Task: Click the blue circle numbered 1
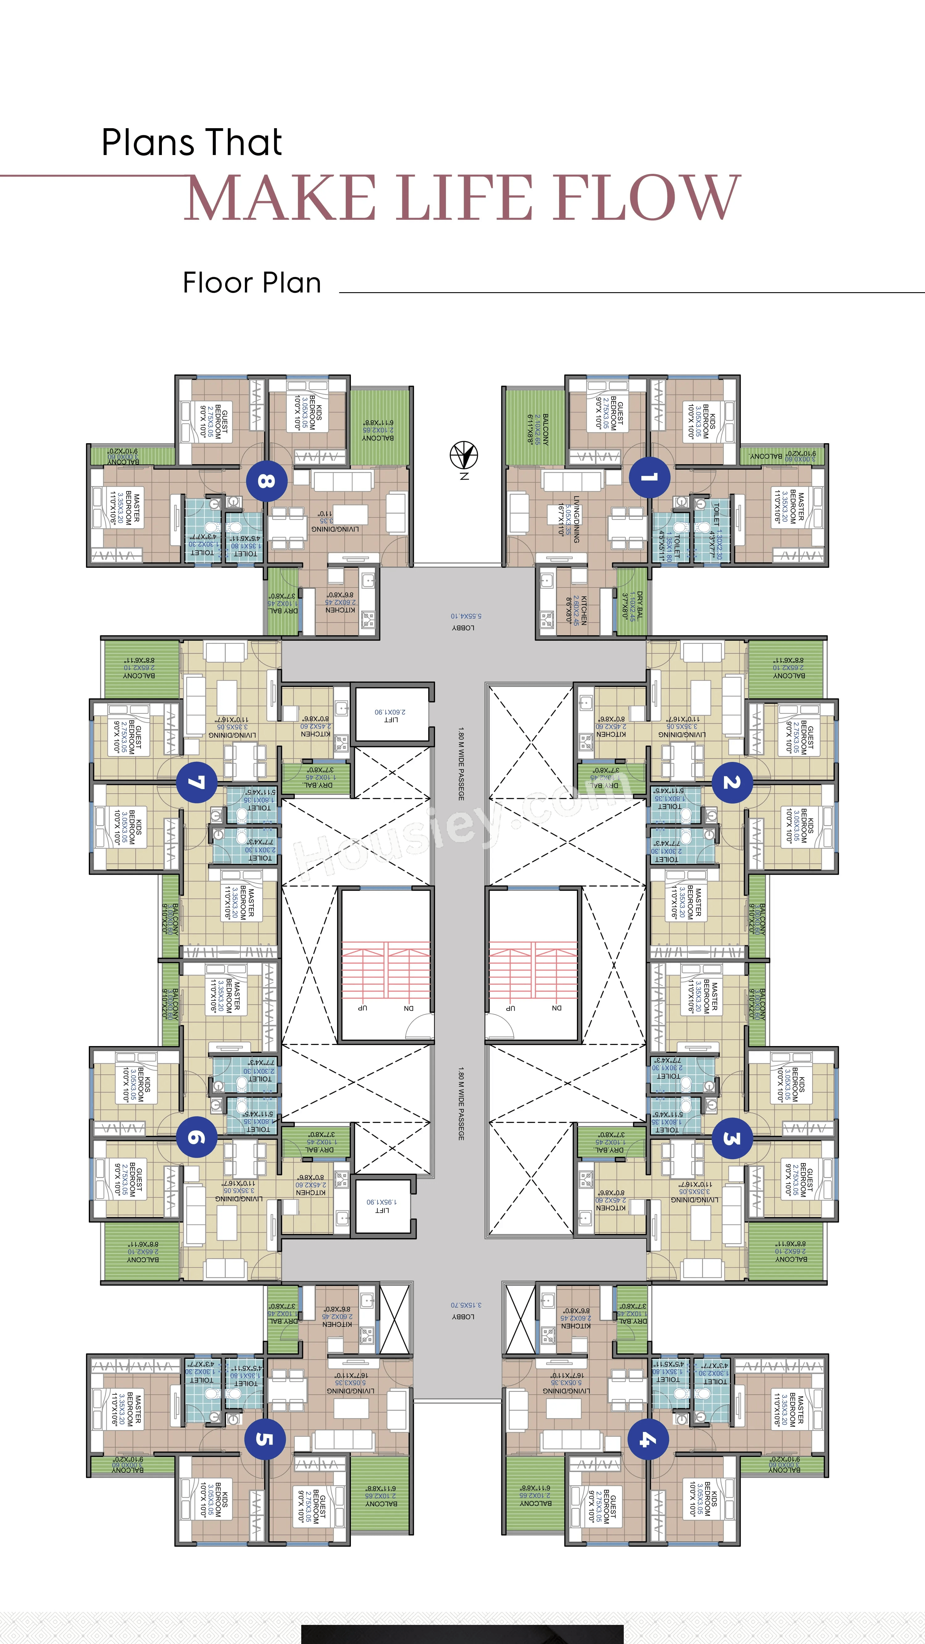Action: tap(649, 477)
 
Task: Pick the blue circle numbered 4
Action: tap(648, 1439)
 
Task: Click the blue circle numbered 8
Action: tap(266, 480)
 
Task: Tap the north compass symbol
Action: tap(464, 456)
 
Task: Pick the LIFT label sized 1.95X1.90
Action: tap(382, 1205)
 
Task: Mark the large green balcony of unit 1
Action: tap(535, 426)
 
